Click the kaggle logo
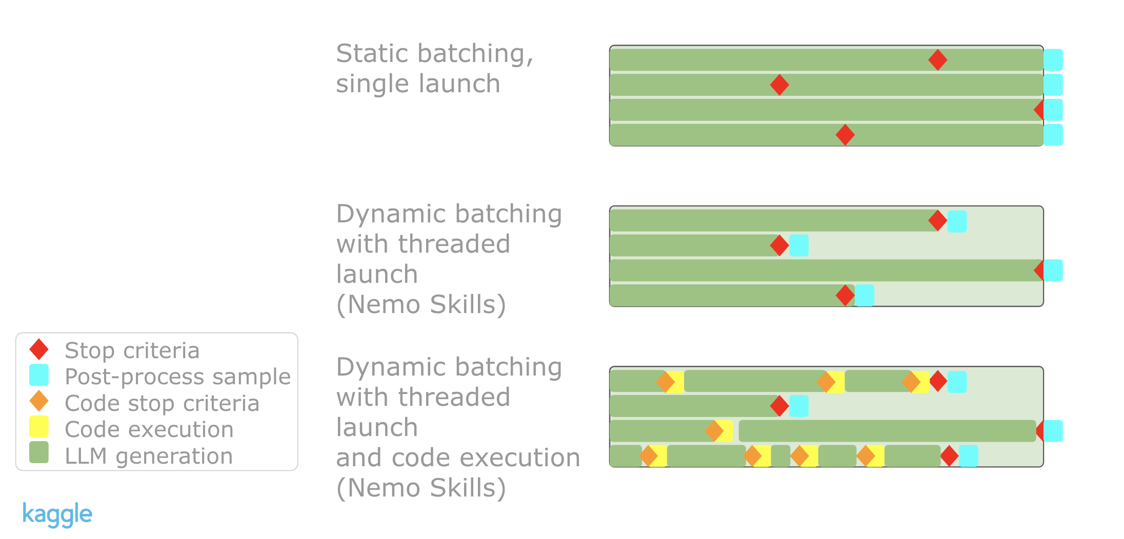point(57,514)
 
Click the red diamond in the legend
point(39,349)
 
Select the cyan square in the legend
point(39,375)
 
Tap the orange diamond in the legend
point(39,401)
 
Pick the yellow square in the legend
point(39,427)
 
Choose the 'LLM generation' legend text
point(149,455)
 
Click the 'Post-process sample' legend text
point(177,377)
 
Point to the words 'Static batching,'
point(435,54)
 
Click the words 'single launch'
point(418,84)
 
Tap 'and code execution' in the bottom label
point(458,458)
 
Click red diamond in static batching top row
point(938,60)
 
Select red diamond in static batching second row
point(779,85)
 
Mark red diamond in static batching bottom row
point(845,135)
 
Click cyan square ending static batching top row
point(1053,60)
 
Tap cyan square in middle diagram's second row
point(799,245)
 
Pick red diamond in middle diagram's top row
point(938,220)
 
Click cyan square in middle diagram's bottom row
point(865,295)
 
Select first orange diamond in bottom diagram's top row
point(666,382)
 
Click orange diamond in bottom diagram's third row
point(714,431)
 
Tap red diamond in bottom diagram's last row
point(949,456)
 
